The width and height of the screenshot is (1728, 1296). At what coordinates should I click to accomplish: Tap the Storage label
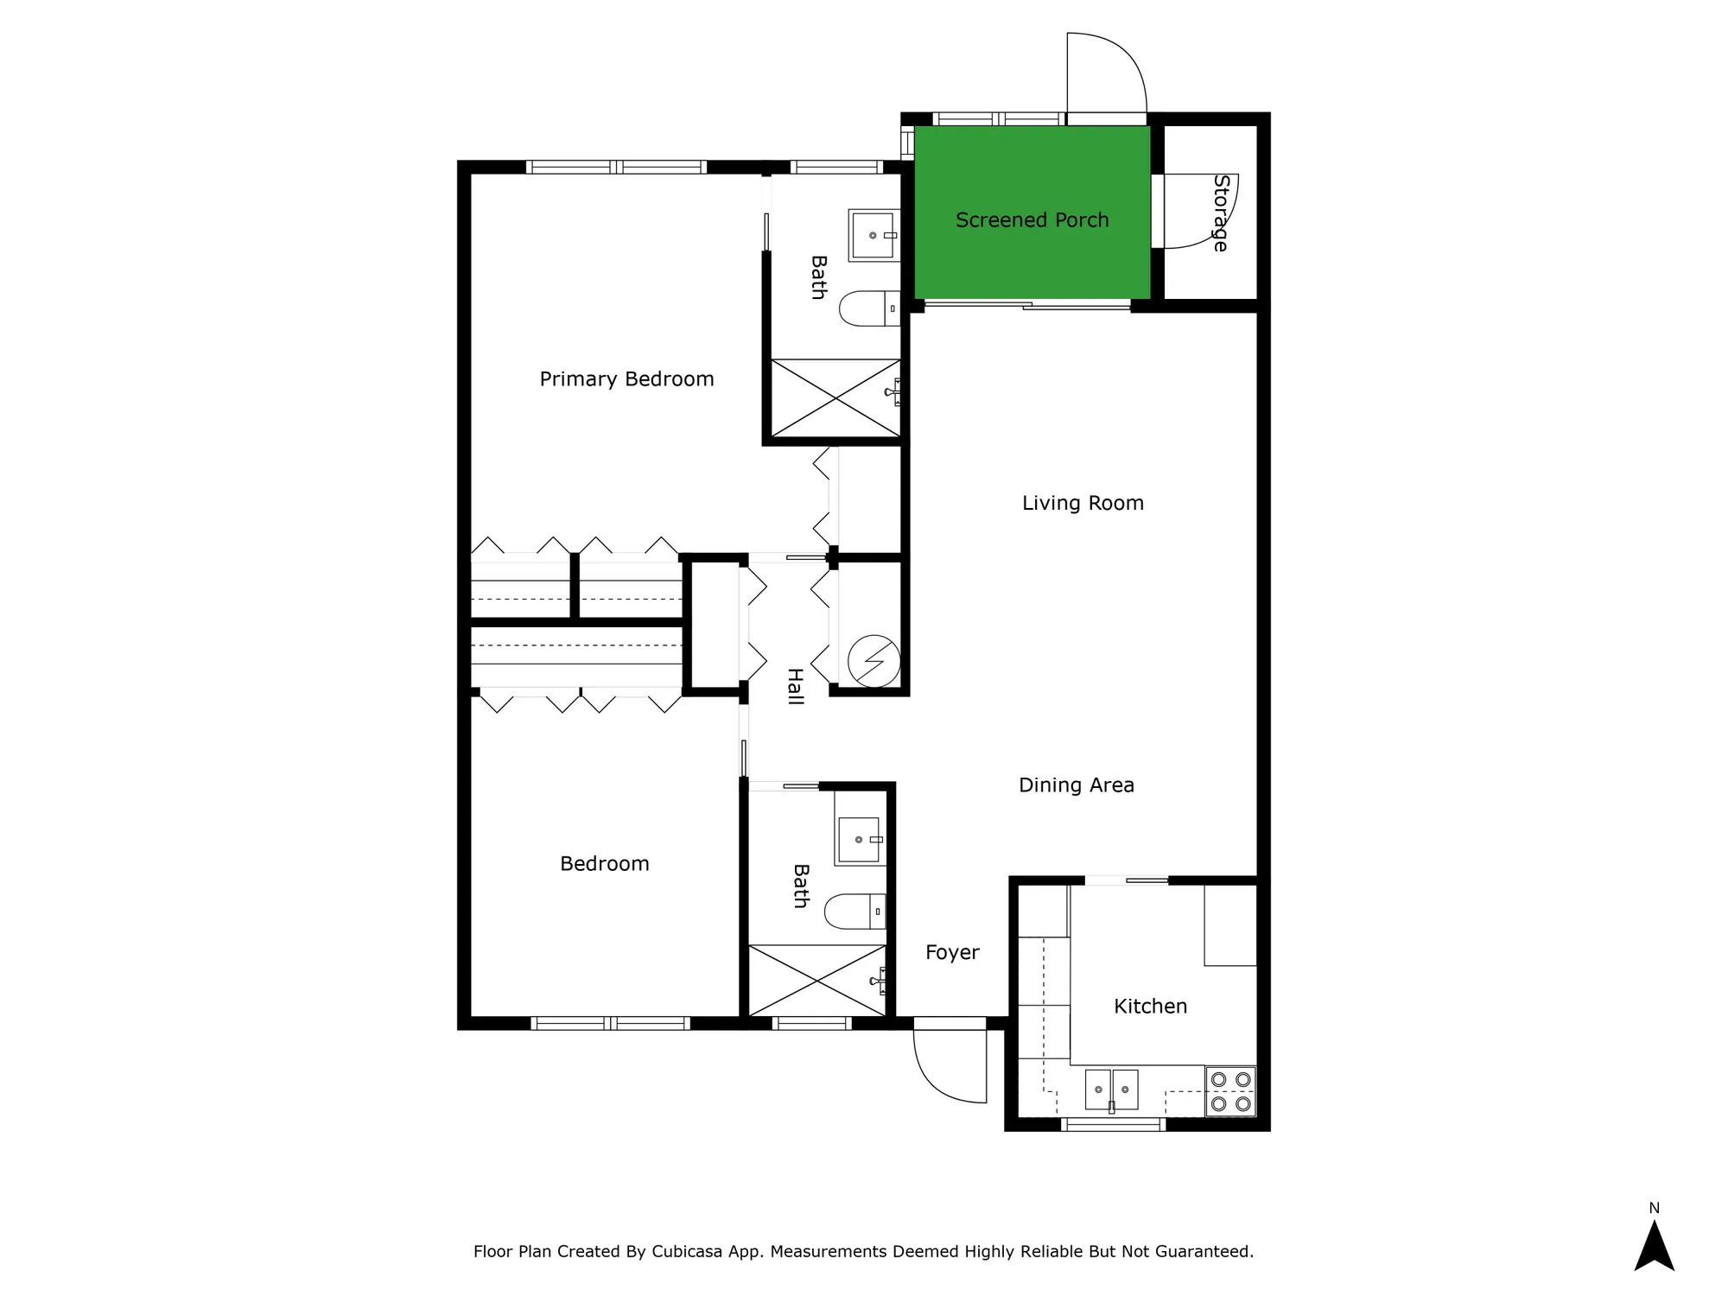[x=1220, y=213]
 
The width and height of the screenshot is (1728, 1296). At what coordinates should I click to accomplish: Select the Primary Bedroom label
[x=626, y=378]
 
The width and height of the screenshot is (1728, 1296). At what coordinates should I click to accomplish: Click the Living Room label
[x=1083, y=503]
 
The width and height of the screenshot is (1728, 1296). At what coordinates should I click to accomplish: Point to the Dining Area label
[x=1076, y=785]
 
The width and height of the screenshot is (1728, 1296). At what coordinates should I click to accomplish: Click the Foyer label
[x=952, y=952]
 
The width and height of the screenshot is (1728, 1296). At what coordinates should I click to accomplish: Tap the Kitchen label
[x=1150, y=1006]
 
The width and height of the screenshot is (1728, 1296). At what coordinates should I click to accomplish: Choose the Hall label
[x=796, y=687]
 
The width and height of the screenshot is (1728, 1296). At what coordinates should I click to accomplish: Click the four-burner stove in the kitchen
[x=1230, y=1091]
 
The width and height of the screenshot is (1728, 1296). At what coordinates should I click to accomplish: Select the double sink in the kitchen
[x=1111, y=1090]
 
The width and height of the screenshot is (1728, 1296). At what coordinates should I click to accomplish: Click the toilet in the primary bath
[x=868, y=308]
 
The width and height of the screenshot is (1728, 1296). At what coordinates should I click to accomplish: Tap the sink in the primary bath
[x=874, y=234]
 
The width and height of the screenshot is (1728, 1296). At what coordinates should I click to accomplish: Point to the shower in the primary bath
[x=835, y=397]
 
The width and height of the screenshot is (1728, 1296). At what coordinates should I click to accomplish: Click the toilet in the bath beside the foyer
[x=854, y=911]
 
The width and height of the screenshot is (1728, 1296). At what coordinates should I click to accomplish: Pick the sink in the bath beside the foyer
[x=859, y=839]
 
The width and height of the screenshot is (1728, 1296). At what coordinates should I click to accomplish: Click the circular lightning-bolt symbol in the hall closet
[x=874, y=662]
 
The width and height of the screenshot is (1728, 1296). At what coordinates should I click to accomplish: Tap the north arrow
[x=1654, y=1244]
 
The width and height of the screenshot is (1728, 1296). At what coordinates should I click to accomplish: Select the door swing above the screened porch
[x=1105, y=74]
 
